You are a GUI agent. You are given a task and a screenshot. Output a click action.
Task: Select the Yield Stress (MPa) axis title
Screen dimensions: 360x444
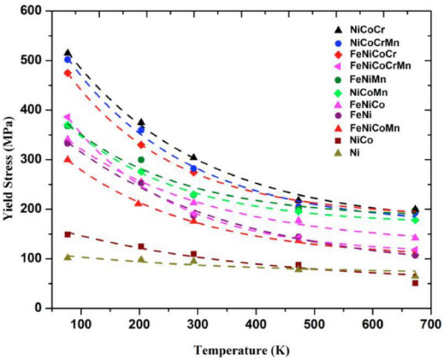tap(10, 160)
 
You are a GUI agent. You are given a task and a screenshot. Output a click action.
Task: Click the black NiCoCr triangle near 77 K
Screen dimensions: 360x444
tap(67, 52)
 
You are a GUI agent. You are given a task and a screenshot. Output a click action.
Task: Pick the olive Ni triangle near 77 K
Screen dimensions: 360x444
tap(67, 256)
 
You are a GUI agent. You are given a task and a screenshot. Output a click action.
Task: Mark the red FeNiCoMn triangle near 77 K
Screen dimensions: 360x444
tap(67, 159)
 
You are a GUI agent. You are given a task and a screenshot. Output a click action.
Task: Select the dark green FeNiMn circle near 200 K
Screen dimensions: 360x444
tap(140, 160)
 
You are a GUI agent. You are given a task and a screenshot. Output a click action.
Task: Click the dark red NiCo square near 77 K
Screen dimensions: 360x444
tap(67, 234)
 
